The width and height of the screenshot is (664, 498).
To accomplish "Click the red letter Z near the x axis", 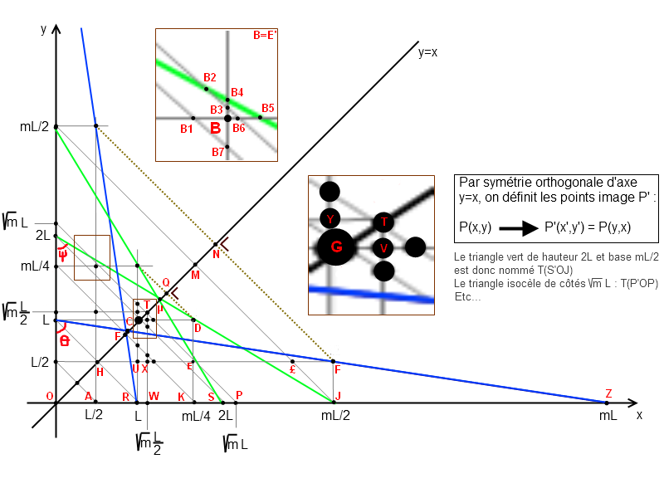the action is coord(608,393).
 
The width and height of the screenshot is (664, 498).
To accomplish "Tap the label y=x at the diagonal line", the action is coord(427,52).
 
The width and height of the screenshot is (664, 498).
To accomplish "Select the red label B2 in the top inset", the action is coord(210,77).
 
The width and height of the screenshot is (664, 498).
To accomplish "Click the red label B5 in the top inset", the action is coord(267,108).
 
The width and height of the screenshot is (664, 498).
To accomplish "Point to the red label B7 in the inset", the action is coord(217,152).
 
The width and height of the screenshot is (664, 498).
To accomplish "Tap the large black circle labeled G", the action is coord(336,247).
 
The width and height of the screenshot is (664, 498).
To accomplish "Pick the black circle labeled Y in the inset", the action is coord(330,219).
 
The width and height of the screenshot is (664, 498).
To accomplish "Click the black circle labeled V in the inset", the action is coord(383,247).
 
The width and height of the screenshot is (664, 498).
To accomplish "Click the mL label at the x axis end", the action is coord(608,415).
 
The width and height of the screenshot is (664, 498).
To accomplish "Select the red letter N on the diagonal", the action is coord(216,254).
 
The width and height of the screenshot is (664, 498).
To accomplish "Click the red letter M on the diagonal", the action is coord(196,275).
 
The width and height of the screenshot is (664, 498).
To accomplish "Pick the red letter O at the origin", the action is coord(50,395).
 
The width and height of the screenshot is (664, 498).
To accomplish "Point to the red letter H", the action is coord(100,373).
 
